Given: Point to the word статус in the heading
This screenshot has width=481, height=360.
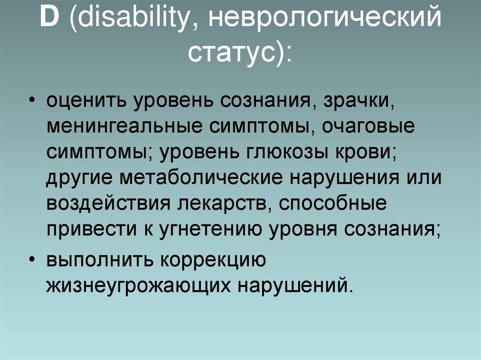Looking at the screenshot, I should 229,53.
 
